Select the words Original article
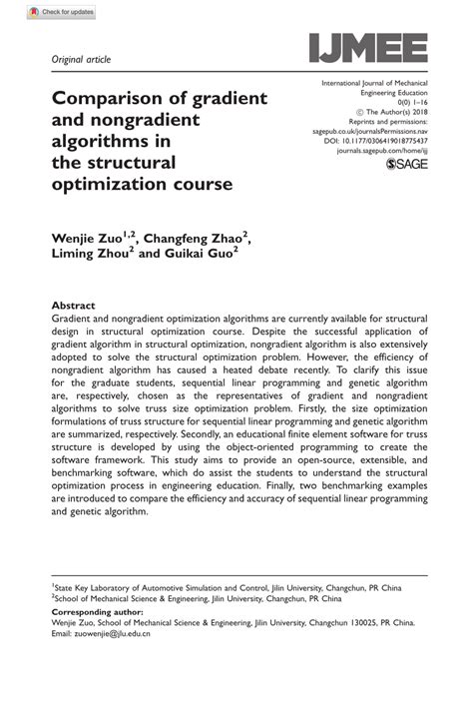81,60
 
